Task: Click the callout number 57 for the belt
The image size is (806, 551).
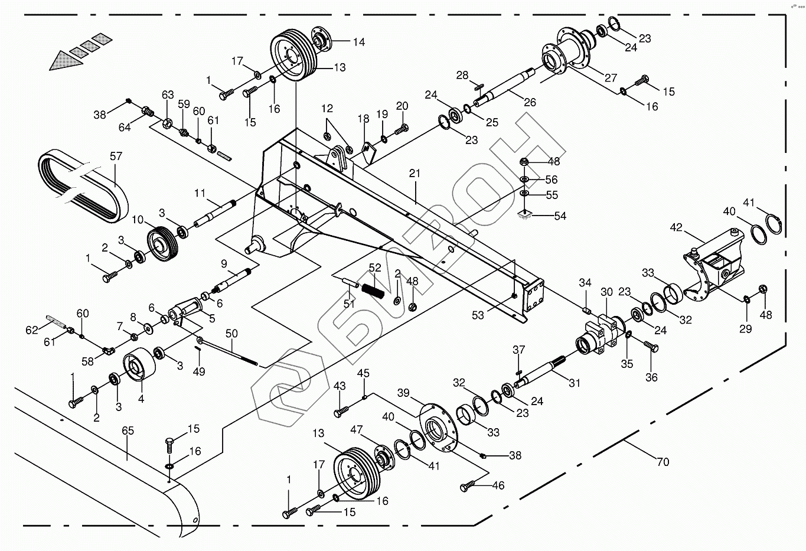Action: point(116,157)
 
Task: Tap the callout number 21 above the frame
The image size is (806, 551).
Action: point(415,173)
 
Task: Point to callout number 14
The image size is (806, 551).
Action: point(359,42)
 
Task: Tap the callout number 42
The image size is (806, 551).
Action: point(676,227)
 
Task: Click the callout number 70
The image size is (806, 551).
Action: point(663,462)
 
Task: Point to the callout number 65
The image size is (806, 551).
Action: point(128,431)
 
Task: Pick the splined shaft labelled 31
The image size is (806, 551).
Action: point(540,374)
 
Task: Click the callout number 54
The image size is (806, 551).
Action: point(560,216)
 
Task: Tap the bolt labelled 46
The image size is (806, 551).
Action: point(467,486)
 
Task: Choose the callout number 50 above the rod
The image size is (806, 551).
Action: point(231,334)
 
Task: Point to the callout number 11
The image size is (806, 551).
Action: point(200,193)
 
